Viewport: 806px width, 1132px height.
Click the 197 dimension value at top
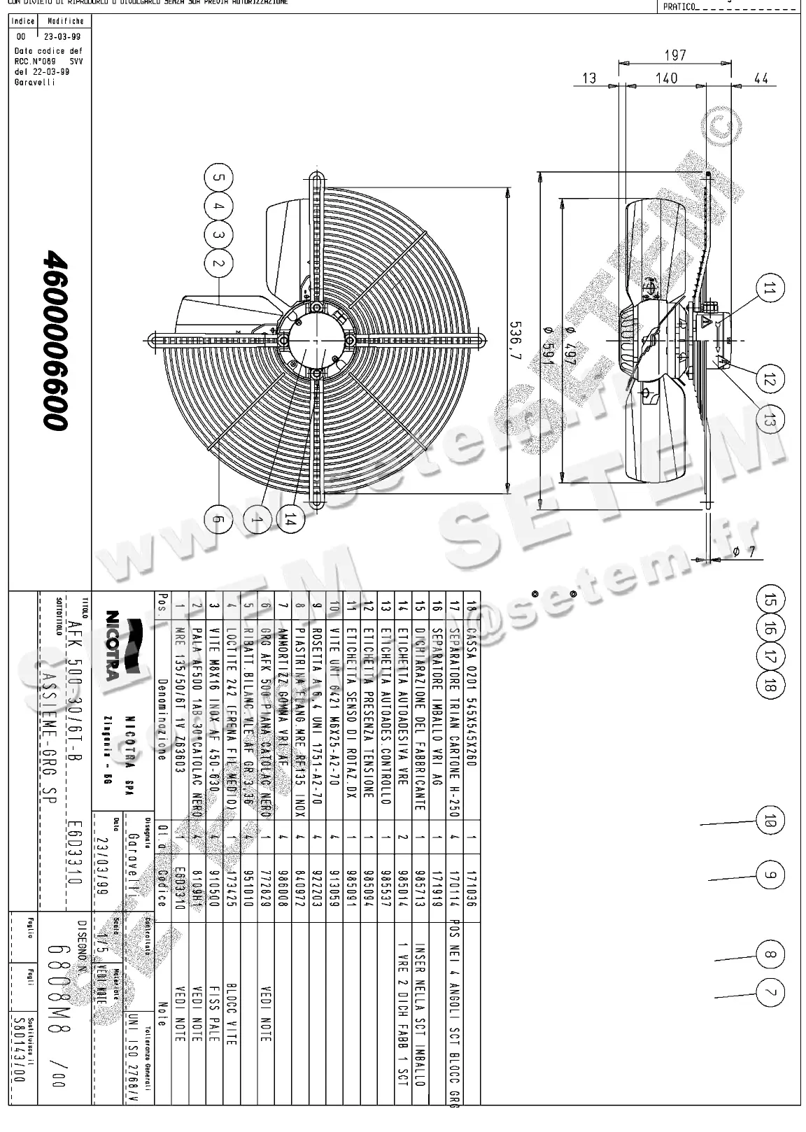click(674, 55)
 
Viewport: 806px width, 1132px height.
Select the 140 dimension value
click(667, 78)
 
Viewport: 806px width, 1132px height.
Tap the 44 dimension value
click(761, 78)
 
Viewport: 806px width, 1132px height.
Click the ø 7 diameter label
click(744, 552)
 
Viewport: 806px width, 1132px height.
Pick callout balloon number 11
click(770, 289)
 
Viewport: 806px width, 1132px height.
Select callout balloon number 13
click(770, 420)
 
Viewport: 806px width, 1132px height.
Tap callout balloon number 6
click(218, 518)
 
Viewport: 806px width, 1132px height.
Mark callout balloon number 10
click(770, 821)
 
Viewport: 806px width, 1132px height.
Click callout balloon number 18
click(770, 685)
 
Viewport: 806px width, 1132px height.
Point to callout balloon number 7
click(770, 993)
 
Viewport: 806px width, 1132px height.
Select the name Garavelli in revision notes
click(34, 82)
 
